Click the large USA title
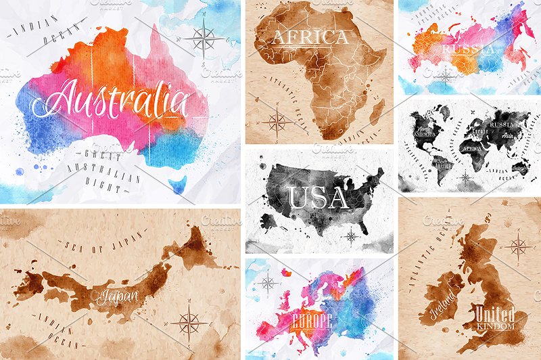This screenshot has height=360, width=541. [318, 198]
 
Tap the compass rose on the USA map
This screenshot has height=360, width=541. [351, 236]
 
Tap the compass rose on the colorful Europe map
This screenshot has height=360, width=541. [268, 284]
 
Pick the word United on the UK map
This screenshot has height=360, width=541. [494, 315]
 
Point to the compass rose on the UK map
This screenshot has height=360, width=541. [518, 248]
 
